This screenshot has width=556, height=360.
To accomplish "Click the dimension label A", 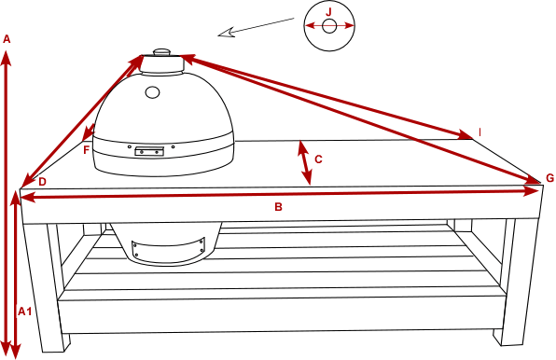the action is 7,39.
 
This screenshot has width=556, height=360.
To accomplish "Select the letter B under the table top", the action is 278,207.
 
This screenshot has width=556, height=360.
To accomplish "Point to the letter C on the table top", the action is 318,159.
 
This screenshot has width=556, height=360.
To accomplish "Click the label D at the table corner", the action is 42,182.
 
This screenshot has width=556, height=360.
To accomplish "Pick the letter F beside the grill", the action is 86,150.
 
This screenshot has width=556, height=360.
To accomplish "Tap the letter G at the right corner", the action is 549,178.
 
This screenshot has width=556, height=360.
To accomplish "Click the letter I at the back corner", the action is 480,132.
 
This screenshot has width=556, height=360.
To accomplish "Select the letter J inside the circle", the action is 328,12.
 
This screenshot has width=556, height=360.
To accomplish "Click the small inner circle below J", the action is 329,26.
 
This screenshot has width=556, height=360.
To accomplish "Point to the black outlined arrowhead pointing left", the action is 227,33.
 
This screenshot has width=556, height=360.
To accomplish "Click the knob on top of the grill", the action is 162,51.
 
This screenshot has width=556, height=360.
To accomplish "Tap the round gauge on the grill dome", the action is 152,92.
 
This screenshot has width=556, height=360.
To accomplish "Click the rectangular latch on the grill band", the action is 149,151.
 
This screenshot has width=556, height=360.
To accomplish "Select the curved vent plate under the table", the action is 169,249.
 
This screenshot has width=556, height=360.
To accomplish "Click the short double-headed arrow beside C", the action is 305,163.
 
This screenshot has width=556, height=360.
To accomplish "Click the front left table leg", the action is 46,287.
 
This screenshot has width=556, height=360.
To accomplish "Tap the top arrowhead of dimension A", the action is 7,58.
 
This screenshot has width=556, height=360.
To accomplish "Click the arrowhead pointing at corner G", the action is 531,180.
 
